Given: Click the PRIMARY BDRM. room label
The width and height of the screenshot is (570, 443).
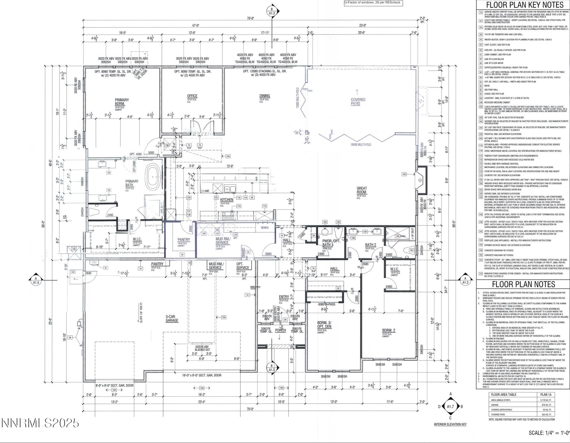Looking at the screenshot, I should click(x=122, y=102).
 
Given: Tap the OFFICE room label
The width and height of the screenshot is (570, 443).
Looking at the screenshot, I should click(x=192, y=96).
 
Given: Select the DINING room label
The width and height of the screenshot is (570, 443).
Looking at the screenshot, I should click(x=265, y=96).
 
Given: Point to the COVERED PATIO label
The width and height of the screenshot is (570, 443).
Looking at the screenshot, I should click(x=358, y=101).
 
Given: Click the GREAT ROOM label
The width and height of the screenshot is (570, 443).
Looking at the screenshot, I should click(x=361, y=190).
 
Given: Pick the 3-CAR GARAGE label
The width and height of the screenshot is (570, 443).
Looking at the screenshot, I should click(x=172, y=319).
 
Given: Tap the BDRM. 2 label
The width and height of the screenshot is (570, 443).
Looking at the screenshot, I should click(x=389, y=330).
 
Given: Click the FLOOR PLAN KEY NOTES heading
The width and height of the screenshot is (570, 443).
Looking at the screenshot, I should click(x=523, y=5).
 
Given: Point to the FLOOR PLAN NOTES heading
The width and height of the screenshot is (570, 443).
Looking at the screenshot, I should click(x=523, y=284).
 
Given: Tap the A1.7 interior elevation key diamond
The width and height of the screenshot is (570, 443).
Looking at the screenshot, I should click(x=450, y=407).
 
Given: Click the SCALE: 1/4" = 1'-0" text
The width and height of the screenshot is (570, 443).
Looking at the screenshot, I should click(x=549, y=433).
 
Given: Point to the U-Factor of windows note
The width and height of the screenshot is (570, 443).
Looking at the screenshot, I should click(x=372, y=3).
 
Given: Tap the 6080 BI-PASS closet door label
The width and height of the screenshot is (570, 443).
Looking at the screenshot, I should click(x=327, y=304).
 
